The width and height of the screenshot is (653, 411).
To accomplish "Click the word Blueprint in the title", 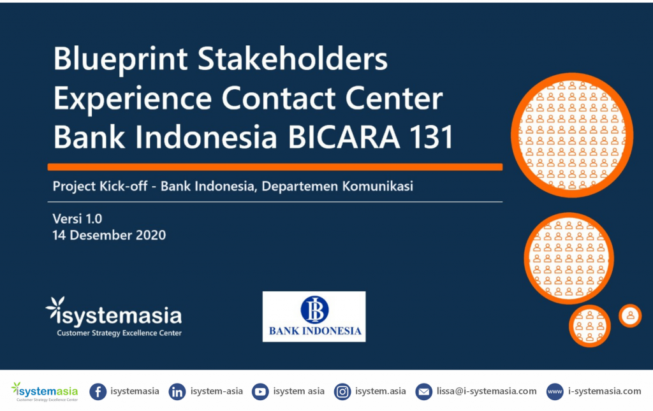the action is pyautogui.click(x=121, y=59).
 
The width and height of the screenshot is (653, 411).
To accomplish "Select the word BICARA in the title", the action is pyautogui.click(x=344, y=137).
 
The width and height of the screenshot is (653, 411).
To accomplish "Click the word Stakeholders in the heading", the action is pyautogui.click(x=292, y=58).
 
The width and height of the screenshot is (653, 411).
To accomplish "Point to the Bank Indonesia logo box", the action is pyautogui.click(x=314, y=317).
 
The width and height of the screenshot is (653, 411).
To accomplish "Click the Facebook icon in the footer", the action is pyautogui.click(x=98, y=392).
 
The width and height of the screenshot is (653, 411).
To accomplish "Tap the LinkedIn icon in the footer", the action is pyautogui.click(x=177, y=392).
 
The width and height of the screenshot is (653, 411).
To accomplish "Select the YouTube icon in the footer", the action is pyautogui.click(x=260, y=392).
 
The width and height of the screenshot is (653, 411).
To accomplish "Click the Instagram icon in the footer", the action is pyautogui.click(x=342, y=392).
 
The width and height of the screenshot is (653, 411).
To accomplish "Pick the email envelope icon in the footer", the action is pyautogui.click(x=423, y=392).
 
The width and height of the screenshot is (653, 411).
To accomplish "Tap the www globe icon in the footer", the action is pyautogui.click(x=555, y=392).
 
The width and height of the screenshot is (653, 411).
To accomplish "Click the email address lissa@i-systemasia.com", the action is pyautogui.click(x=487, y=391).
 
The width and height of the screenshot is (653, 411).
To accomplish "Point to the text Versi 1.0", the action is pyautogui.click(x=77, y=219).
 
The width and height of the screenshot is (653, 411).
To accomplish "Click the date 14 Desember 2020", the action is pyautogui.click(x=109, y=235).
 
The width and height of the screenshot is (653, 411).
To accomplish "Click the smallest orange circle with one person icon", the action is pyautogui.click(x=629, y=316).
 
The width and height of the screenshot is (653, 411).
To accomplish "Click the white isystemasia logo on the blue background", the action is pyautogui.click(x=114, y=312).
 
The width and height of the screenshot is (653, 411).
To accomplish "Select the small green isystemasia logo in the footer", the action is pyautogui.click(x=45, y=392).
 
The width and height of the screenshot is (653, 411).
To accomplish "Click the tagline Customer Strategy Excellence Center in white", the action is pyautogui.click(x=119, y=333).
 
